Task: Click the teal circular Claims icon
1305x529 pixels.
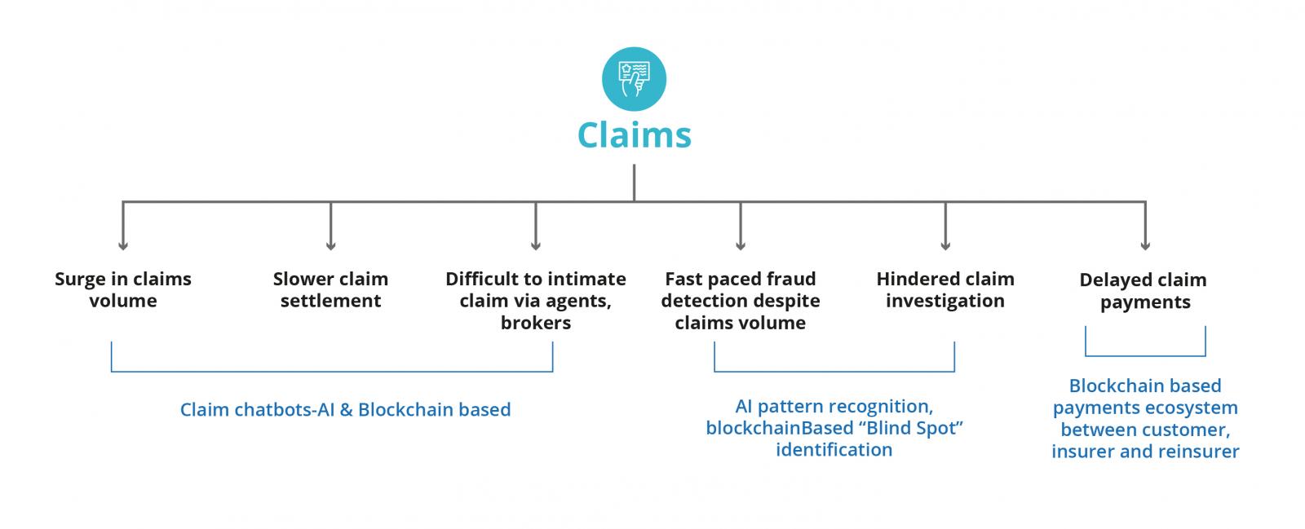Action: [x=634, y=79]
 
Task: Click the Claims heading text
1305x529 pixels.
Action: [x=634, y=135]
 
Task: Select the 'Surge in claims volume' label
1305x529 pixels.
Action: [x=123, y=289]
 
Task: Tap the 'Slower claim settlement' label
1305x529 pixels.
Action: [x=330, y=289]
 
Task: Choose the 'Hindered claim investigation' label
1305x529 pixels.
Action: [x=944, y=289]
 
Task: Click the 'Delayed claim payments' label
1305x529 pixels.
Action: [x=1144, y=290]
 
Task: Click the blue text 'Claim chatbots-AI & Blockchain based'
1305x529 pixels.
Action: [x=345, y=409]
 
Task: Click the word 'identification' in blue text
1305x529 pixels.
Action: [x=834, y=450]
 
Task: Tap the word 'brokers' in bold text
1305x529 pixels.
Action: [x=535, y=323]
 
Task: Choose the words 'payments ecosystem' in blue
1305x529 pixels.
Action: [x=1144, y=408]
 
